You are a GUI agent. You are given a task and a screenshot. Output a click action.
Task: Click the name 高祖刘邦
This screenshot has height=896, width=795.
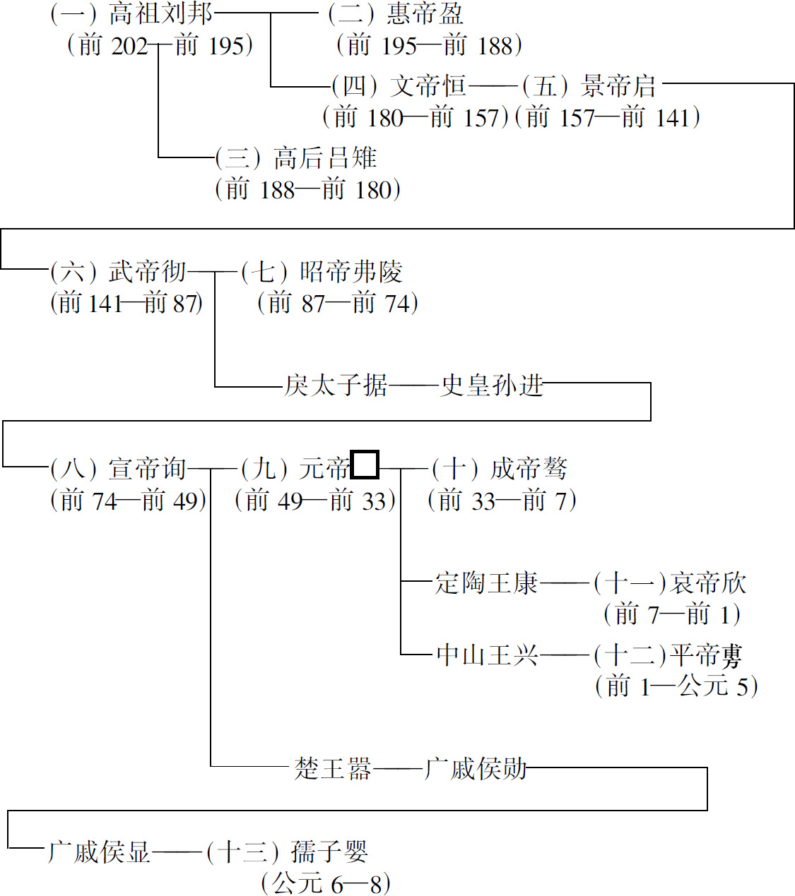tap(160, 13)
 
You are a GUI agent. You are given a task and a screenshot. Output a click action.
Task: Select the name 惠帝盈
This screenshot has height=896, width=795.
tap(425, 13)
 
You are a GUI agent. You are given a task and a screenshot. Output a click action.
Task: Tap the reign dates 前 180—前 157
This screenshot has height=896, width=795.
tap(416, 117)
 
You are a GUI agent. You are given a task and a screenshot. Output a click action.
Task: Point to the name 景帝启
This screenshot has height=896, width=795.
tap(618, 86)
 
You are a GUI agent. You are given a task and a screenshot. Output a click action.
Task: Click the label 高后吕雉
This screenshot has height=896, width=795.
tap(325, 158)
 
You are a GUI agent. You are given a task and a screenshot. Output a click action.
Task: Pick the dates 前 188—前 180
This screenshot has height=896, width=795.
tap(308, 189)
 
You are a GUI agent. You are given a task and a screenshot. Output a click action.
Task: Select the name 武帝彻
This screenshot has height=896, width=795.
tap(148, 272)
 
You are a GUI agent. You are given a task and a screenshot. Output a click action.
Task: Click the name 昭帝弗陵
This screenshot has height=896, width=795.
tap(351, 272)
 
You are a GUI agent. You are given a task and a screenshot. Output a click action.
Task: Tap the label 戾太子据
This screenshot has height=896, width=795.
tap(336, 386)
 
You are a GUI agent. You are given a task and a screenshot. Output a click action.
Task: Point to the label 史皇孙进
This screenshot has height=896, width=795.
tap(492, 386)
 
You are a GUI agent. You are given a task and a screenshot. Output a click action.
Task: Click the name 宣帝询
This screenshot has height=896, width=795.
tap(148, 469)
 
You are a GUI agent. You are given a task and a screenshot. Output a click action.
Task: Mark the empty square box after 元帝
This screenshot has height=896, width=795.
tap(365, 465)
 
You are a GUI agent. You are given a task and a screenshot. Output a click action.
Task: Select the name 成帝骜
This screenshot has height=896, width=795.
tap(529, 469)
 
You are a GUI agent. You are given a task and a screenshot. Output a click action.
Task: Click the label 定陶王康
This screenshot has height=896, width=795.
tap(486, 583)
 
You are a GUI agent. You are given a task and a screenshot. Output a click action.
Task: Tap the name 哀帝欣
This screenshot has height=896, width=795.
tap(708, 583)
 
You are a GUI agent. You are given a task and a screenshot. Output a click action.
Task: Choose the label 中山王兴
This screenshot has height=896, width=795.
tap(486, 655)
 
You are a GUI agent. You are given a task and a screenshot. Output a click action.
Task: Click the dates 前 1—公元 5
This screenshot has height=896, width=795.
tap(676, 686)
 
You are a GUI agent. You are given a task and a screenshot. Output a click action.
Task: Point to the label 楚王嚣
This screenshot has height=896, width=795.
tap(333, 768)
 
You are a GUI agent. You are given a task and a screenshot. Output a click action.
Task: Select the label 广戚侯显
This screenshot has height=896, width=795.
tap(99, 852)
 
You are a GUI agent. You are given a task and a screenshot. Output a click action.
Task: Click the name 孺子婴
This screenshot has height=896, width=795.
tap(329, 852)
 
